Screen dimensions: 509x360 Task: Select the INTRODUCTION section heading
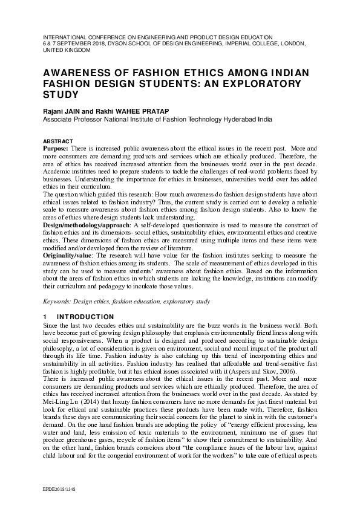coord(85,317)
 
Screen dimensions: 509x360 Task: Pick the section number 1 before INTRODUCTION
coord(45,317)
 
